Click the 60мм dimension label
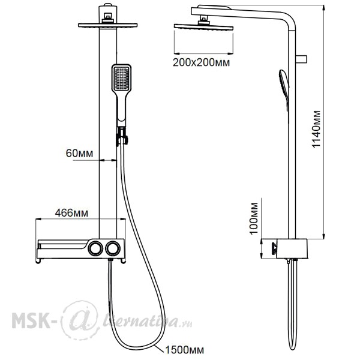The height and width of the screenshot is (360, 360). [79, 153]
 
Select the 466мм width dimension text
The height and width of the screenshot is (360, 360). [71, 213]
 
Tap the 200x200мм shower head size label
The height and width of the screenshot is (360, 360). [201, 62]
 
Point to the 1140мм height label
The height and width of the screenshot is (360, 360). [317, 129]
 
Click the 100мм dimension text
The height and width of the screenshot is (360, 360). [254, 218]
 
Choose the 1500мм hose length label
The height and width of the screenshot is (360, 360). [184, 350]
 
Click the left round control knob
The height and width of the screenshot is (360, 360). [95, 248]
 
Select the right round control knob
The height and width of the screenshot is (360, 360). [113, 248]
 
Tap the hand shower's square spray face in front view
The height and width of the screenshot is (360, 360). [121, 78]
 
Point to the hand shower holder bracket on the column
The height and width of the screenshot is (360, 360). [122, 137]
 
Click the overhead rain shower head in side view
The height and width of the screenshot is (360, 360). [203, 28]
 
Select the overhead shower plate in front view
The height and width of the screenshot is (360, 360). [107, 25]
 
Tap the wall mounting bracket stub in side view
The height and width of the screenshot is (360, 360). [301, 59]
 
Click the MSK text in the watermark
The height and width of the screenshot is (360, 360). [31, 320]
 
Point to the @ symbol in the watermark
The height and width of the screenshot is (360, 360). [79, 319]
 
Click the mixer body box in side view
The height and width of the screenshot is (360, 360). [292, 248]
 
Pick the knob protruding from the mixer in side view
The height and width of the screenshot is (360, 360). [274, 248]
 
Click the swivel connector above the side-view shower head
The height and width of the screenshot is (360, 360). [203, 20]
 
